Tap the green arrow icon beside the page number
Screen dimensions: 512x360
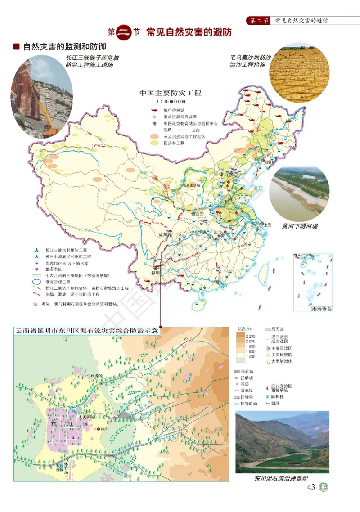coord(323,487)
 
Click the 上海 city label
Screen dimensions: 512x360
coord(267,224)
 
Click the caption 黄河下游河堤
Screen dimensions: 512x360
coord(300,226)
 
